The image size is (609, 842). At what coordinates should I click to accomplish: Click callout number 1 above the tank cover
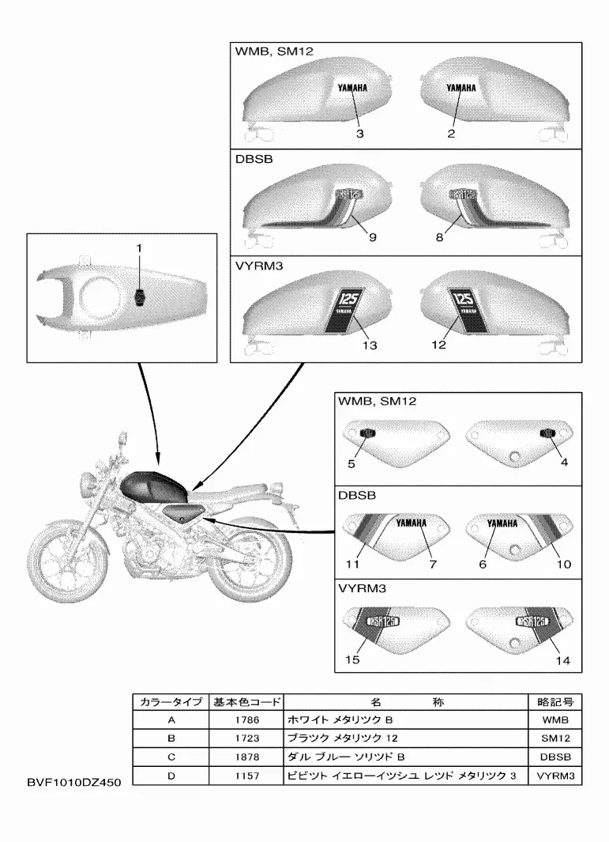point(139,247)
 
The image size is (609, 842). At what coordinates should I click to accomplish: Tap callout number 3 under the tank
point(359,134)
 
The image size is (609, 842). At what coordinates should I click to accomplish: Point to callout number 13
point(369,345)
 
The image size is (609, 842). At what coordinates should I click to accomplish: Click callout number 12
point(439,345)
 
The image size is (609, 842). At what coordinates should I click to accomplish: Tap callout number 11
point(352,564)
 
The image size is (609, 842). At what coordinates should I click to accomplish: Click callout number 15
point(352,659)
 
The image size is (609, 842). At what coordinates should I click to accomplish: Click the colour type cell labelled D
point(171,776)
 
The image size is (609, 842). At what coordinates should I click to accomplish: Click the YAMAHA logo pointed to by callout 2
point(461,89)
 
